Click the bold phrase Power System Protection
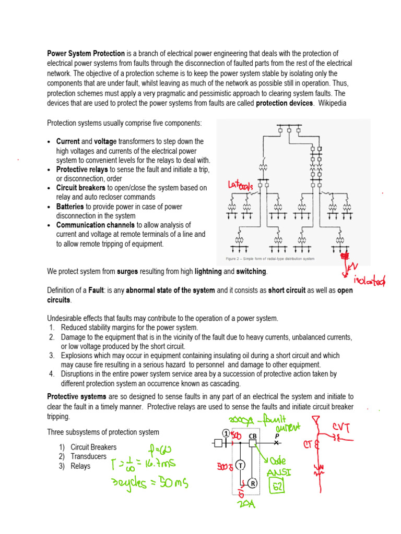[x=86, y=54]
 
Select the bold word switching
[x=251, y=272]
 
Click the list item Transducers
[x=83, y=457]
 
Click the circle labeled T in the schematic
[x=241, y=464]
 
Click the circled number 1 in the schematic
[x=226, y=433]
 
